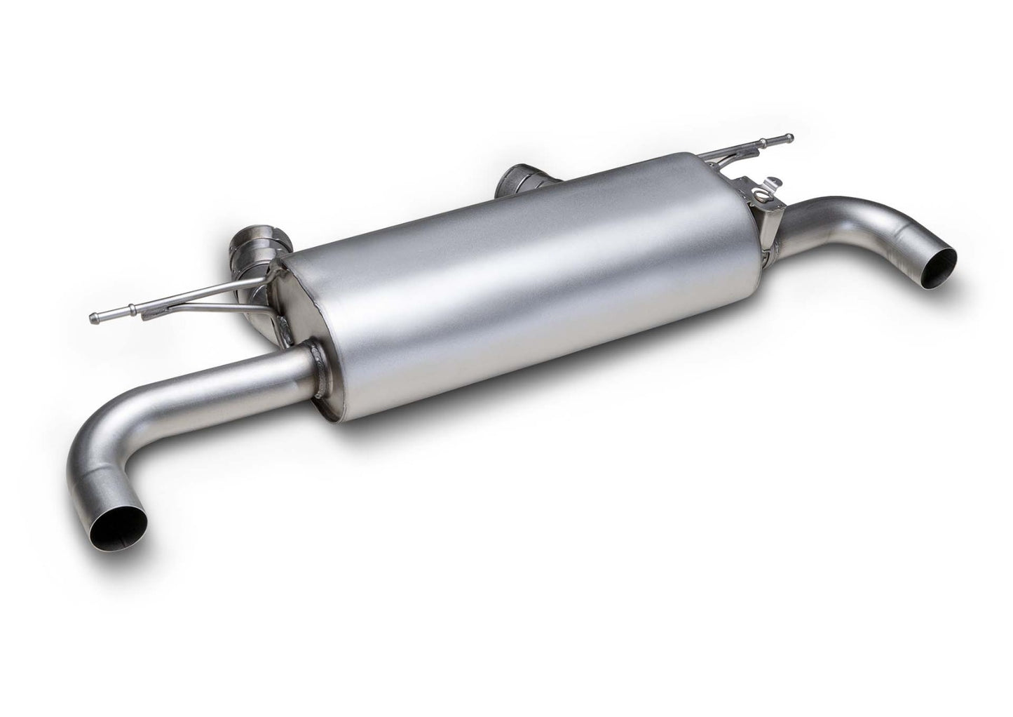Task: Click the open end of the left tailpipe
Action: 123,522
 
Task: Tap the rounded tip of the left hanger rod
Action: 95,317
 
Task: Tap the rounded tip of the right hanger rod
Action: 789,136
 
